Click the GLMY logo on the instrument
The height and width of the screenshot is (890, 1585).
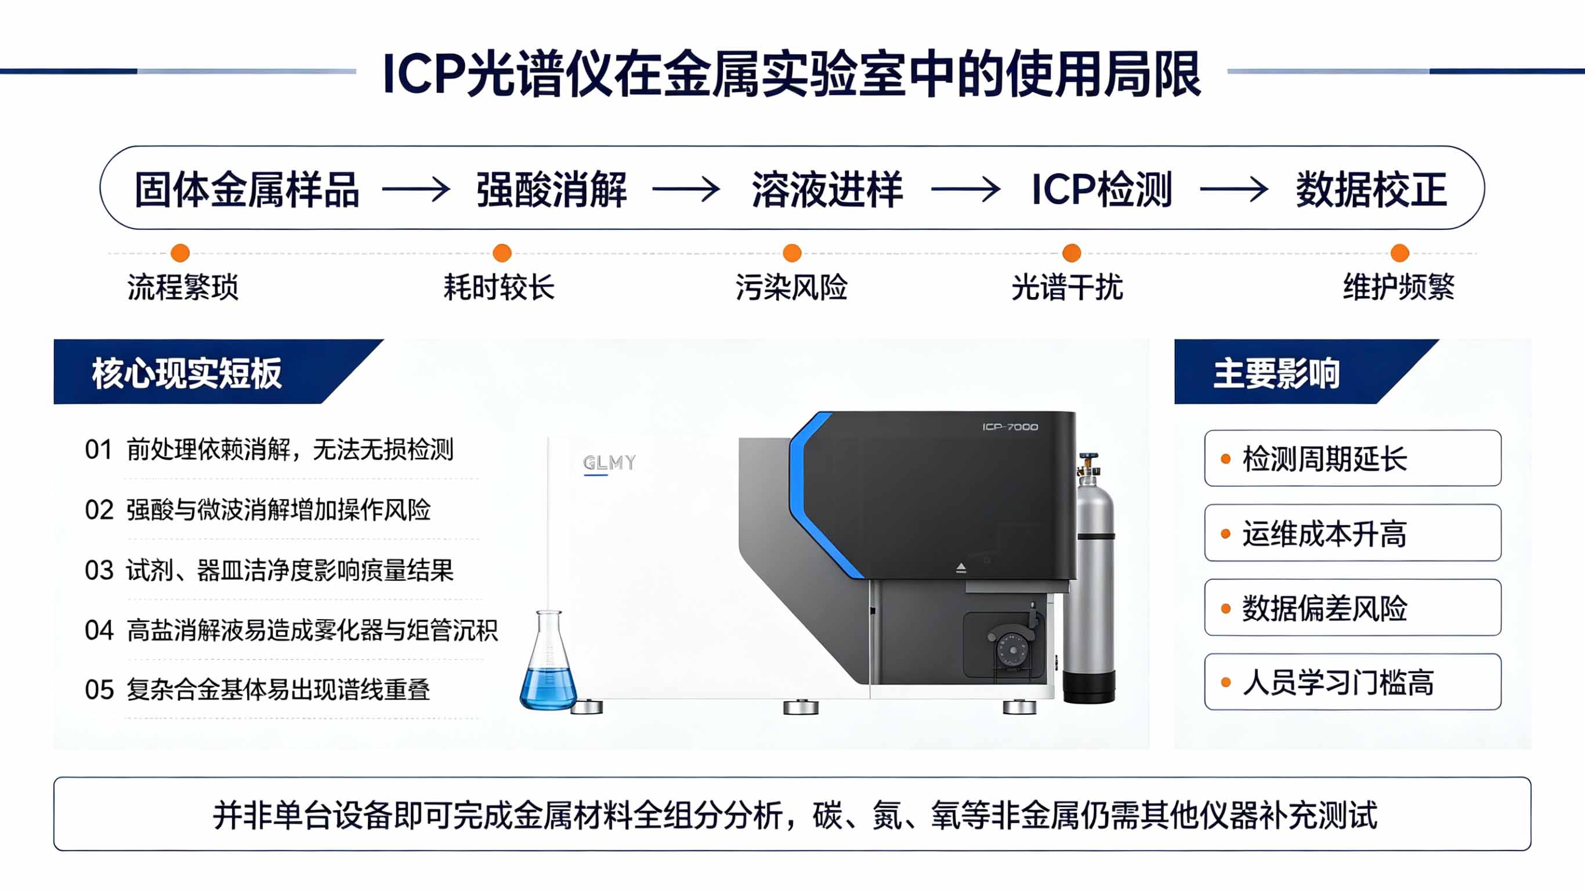point(609,463)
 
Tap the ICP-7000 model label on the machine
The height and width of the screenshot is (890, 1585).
point(1009,426)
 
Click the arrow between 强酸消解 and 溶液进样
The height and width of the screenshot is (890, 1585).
point(685,189)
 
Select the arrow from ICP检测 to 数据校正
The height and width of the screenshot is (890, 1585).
point(1233,189)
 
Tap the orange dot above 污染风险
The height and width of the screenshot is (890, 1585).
point(792,253)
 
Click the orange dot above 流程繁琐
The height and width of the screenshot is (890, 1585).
point(180,253)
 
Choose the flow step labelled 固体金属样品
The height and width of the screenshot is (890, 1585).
point(247,190)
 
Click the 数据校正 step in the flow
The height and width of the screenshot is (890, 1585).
point(1372,190)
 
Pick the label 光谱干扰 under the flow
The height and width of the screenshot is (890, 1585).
point(1067,287)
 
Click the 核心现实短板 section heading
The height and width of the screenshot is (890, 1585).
point(187,373)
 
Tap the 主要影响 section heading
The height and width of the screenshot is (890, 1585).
point(1276,373)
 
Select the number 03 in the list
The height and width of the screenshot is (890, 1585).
point(99,570)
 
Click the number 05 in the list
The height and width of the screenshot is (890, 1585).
point(99,690)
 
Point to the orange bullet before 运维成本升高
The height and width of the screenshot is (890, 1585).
point(1225,534)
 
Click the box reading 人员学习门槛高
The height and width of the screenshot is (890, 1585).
point(1352,682)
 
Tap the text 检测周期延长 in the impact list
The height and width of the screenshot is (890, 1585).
point(1324,459)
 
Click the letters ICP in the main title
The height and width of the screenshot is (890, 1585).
point(423,74)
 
